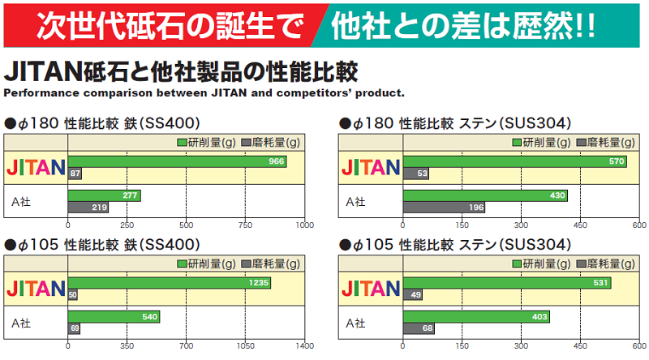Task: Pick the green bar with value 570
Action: [514, 162]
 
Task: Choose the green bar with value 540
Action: [114, 316]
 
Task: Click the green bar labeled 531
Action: [507, 283]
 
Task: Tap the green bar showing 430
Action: [485, 195]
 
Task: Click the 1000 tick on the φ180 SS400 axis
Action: [304, 225]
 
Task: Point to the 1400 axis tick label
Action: [304, 346]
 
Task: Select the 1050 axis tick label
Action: [245, 346]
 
